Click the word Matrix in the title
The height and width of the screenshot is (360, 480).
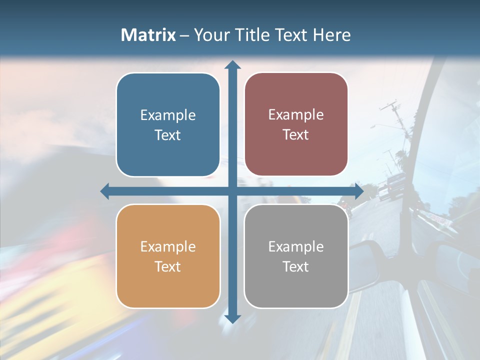[x=148, y=35]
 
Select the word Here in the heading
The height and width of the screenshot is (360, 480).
[x=331, y=35]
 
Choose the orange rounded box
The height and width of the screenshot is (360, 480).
[x=168, y=285]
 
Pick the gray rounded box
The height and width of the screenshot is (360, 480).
[x=296, y=285]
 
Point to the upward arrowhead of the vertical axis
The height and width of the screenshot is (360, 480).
[x=232, y=64]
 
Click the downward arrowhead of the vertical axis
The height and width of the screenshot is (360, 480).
[x=232, y=318]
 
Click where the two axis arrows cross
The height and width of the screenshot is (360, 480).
[x=232, y=191]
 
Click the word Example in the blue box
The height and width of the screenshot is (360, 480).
[x=168, y=115]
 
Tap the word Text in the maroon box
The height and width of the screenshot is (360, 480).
[x=296, y=135]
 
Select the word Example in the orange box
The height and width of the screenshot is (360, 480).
[x=168, y=246]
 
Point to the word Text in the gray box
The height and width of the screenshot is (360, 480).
[x=296, y=266]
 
